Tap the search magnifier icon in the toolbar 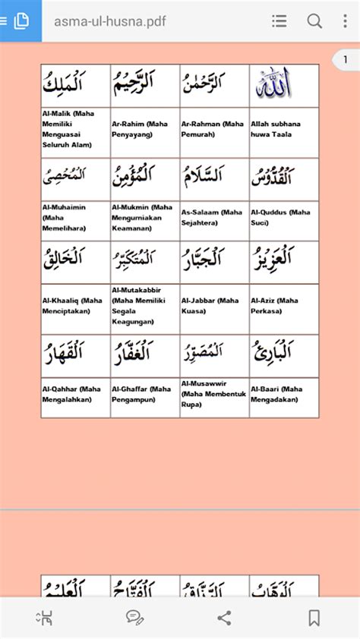314,21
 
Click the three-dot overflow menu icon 345,21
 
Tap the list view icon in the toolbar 279,21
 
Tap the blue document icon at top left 21,21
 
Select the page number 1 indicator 346,59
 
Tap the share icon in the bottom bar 224,618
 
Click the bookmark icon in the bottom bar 313,618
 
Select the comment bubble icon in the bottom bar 134,618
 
